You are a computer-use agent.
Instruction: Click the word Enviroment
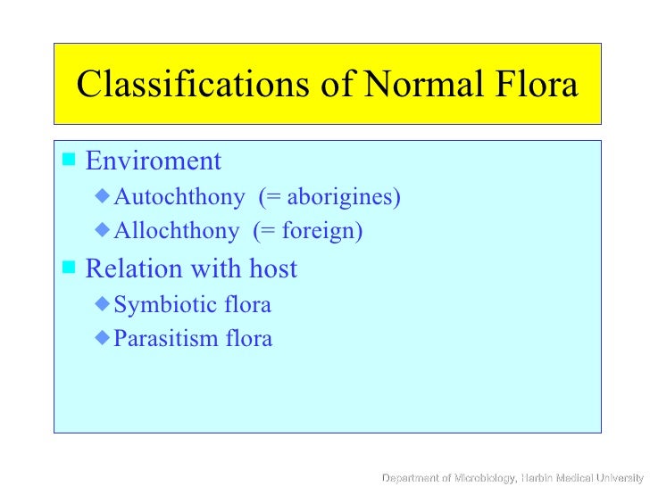coord(153,161)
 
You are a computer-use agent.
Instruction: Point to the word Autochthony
coord(179,196)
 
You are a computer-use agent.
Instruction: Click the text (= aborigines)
coord(329,196)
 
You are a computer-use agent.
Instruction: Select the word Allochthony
coord(177,231)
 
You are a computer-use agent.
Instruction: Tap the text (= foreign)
coord(308,231)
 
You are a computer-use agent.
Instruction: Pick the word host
coord(271,268)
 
